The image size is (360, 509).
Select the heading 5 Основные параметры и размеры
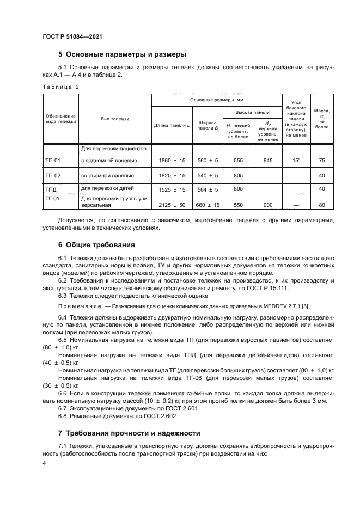122,54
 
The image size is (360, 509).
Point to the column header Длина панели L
172,126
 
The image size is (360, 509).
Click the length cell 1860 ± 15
172,161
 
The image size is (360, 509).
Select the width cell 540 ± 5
208,175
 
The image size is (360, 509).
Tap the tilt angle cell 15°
296,161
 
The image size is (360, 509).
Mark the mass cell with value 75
322,161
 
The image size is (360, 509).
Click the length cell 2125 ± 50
172,205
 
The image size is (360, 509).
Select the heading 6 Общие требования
98,244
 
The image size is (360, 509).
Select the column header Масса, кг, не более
322,118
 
